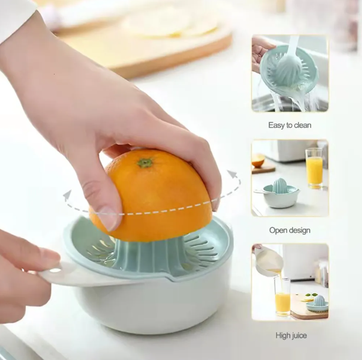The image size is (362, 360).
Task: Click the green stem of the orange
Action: click(145, 162)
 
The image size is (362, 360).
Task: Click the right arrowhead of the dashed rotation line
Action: click(232, 174)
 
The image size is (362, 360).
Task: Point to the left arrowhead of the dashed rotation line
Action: click(67, 195)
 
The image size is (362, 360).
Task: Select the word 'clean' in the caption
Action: click(303, 125)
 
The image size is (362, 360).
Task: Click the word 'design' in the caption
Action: click(300, 230)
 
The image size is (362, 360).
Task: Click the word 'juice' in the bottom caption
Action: click(299, 335)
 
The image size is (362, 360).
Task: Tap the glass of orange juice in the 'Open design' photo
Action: click(314, 168)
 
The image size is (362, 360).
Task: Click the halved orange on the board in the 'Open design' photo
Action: click(258, 160)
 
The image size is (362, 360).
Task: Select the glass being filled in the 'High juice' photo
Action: click(283, 297)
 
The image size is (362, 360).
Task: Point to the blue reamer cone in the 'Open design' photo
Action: click(280, 185)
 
